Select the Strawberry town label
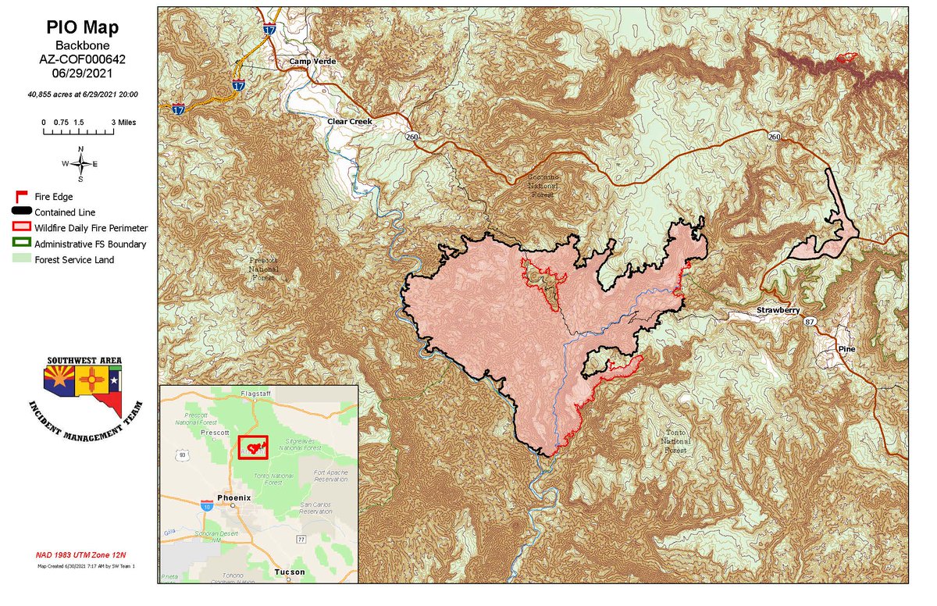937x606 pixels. (778, 311)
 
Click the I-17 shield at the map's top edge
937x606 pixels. (269, 30)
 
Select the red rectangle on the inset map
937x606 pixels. (253, 447)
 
